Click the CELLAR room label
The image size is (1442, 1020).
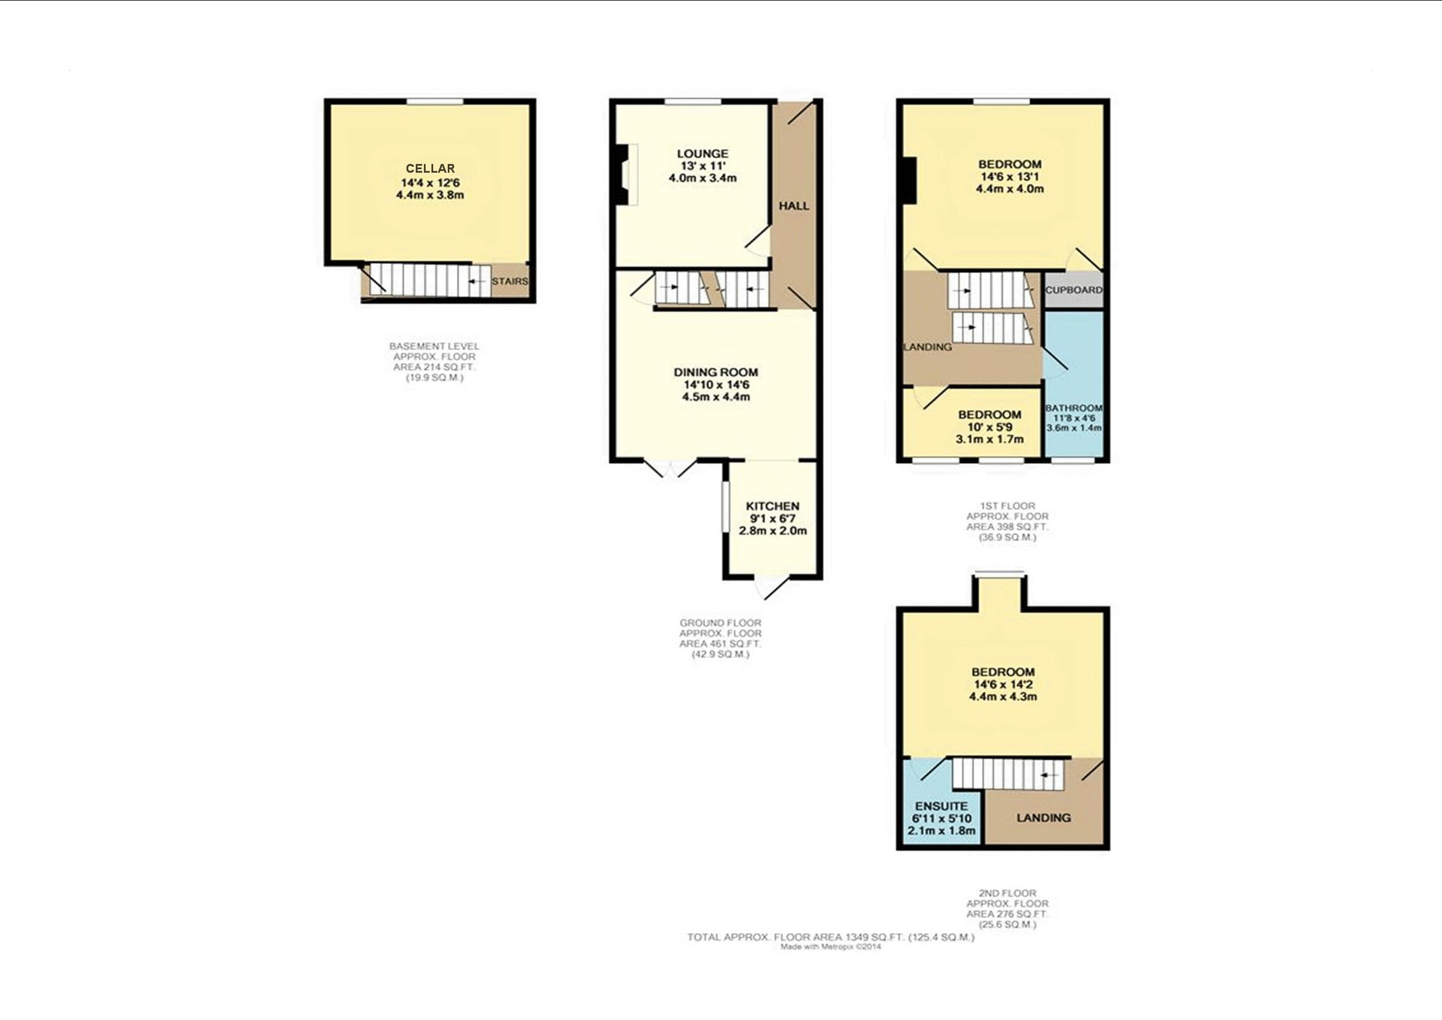430,168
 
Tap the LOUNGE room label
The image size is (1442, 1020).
702,154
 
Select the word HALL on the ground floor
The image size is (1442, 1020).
794,206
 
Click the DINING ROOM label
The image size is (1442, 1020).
716,372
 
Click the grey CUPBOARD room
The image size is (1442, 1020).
1073,290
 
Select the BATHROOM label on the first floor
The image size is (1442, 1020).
1073,408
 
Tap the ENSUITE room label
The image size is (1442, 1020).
941,807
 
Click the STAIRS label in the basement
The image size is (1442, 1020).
509,281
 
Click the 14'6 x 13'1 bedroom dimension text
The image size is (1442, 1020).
1010,176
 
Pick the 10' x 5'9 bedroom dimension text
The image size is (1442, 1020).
989,427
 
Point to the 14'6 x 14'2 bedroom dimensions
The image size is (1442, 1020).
1003,684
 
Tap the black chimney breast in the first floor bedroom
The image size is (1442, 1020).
909,180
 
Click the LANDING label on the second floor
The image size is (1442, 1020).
1043,818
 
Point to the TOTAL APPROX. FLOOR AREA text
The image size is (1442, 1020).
830,937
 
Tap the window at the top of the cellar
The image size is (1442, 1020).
434,102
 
